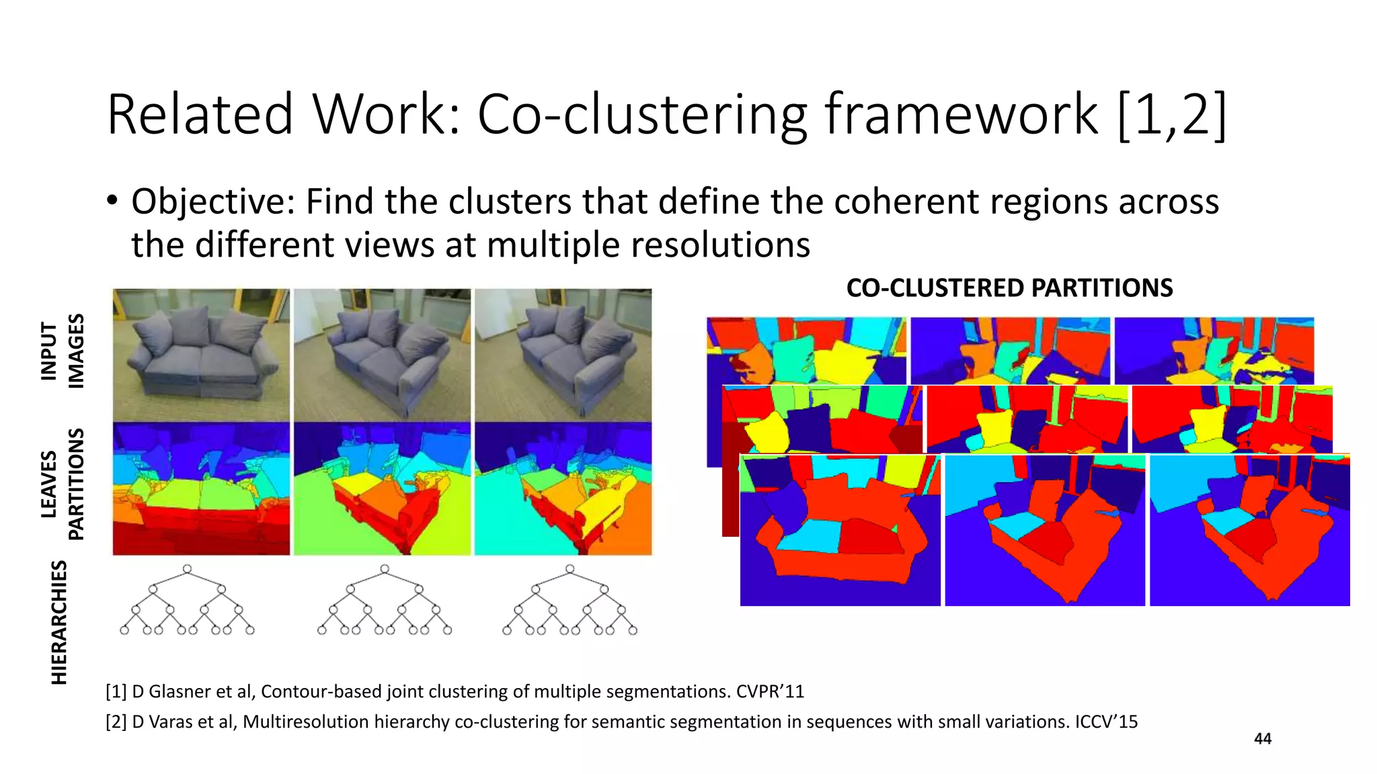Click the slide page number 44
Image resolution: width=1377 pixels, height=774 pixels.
[1263, 739]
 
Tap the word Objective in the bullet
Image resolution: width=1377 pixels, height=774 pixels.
[212, 202]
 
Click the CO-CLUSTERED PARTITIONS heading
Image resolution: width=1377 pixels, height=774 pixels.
[1009, 288]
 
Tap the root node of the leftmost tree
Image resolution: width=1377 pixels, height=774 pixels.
[187, 569]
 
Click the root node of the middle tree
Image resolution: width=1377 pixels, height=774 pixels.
[385, 569]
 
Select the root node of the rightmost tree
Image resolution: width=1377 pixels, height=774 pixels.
[569, 569]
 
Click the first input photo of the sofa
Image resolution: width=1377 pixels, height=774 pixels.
[201, 355]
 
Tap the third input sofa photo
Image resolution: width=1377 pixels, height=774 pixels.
[563, 355]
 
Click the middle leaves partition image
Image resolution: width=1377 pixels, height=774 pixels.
[382, 488]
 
